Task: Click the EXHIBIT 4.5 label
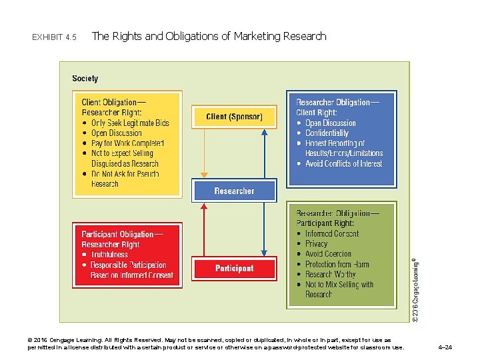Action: pos(54,37)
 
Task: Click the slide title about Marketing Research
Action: pos(209,36)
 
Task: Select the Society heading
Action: pos(85,79)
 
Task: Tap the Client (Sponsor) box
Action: pos(234,117)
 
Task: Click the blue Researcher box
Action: pos(234,191)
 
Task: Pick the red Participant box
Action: pos(234,268)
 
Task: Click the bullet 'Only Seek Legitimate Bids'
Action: pos(130,123)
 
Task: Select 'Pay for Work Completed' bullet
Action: pos(127,143)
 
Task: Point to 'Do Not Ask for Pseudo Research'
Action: pos(125,179)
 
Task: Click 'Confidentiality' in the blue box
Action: pos(327,133)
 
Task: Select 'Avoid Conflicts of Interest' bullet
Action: pos(344,164)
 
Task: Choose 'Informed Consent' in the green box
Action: pos(331,234)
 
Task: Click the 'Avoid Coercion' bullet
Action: pos(328,254)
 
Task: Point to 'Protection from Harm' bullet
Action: pos(337,264)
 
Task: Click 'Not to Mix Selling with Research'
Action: pos(339,289)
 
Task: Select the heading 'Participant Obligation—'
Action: pos(121,234)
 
